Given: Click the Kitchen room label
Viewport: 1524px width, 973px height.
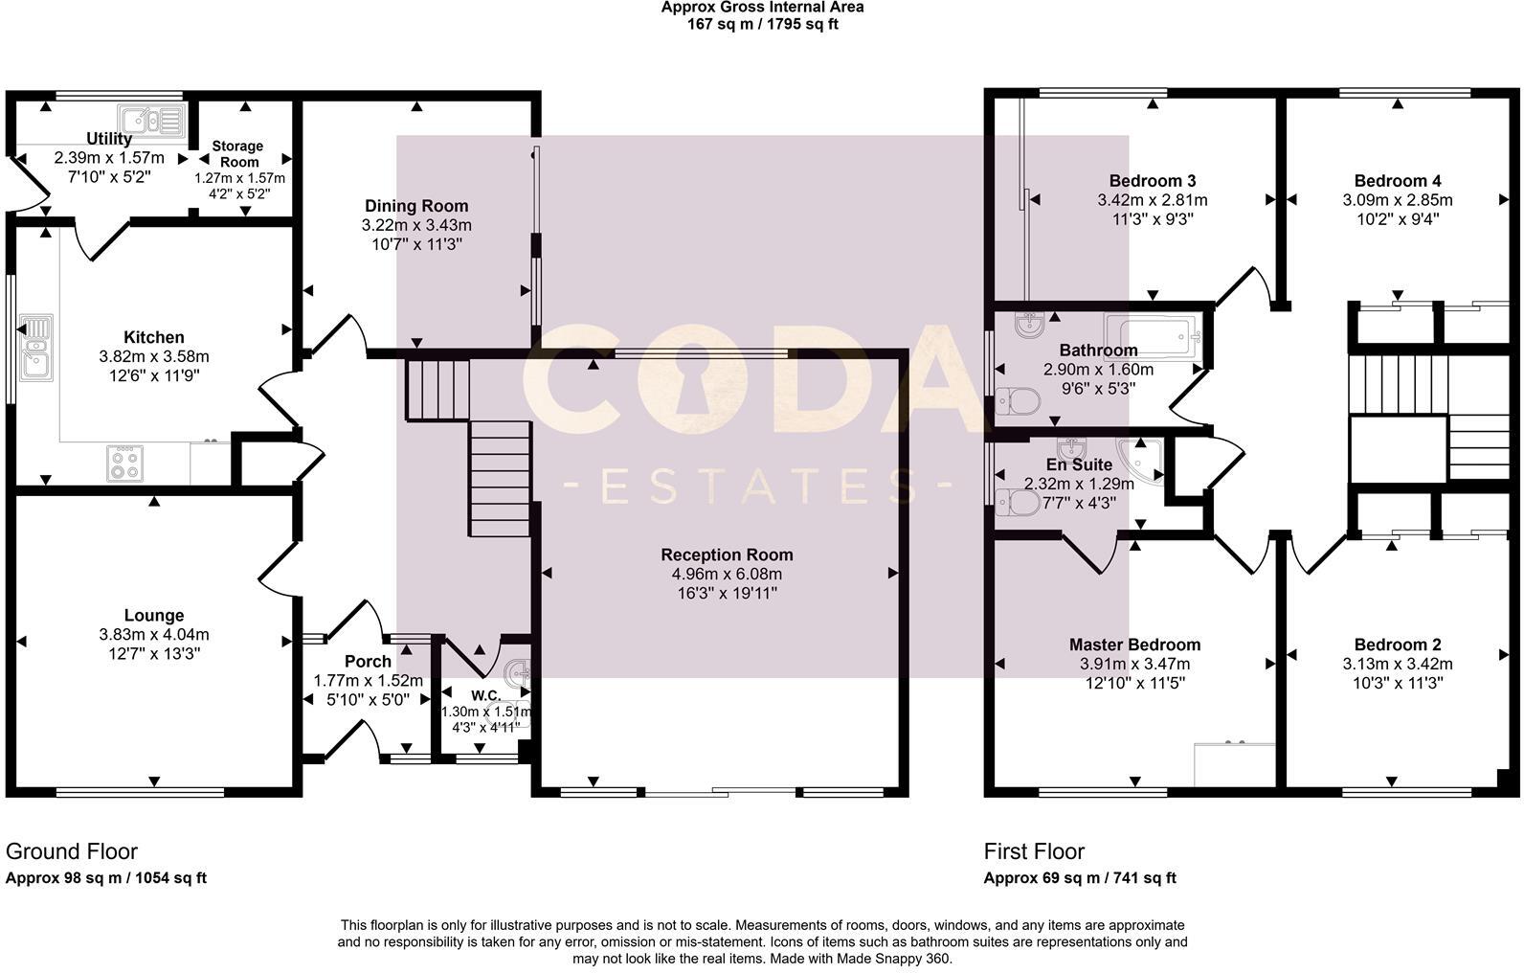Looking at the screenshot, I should point(153,337).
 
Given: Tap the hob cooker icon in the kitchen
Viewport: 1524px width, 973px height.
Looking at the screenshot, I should point(125,464).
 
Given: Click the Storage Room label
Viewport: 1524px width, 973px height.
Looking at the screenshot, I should point(237,154).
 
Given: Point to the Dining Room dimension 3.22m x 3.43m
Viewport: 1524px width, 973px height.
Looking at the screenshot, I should point(416,225).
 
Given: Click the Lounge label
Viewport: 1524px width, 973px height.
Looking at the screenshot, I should point(153,616).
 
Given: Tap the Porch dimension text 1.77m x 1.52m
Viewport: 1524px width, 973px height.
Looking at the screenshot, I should point(368,681).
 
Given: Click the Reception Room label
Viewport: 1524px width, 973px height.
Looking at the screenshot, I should point(727,554).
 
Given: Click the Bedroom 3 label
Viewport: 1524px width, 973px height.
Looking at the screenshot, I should point(1152,181).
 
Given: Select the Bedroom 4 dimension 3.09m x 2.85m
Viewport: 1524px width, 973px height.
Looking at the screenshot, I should point(1397,200).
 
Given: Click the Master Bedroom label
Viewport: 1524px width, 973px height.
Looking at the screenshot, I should point(1134,645).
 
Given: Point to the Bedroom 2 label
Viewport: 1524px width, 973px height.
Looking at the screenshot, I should point(1397,645).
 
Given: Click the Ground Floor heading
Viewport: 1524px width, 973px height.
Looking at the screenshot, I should point(72,851).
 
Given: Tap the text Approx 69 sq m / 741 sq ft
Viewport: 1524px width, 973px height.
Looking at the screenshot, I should point(1080,877).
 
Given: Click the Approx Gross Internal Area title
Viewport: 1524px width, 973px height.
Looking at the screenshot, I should point(762,8).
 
